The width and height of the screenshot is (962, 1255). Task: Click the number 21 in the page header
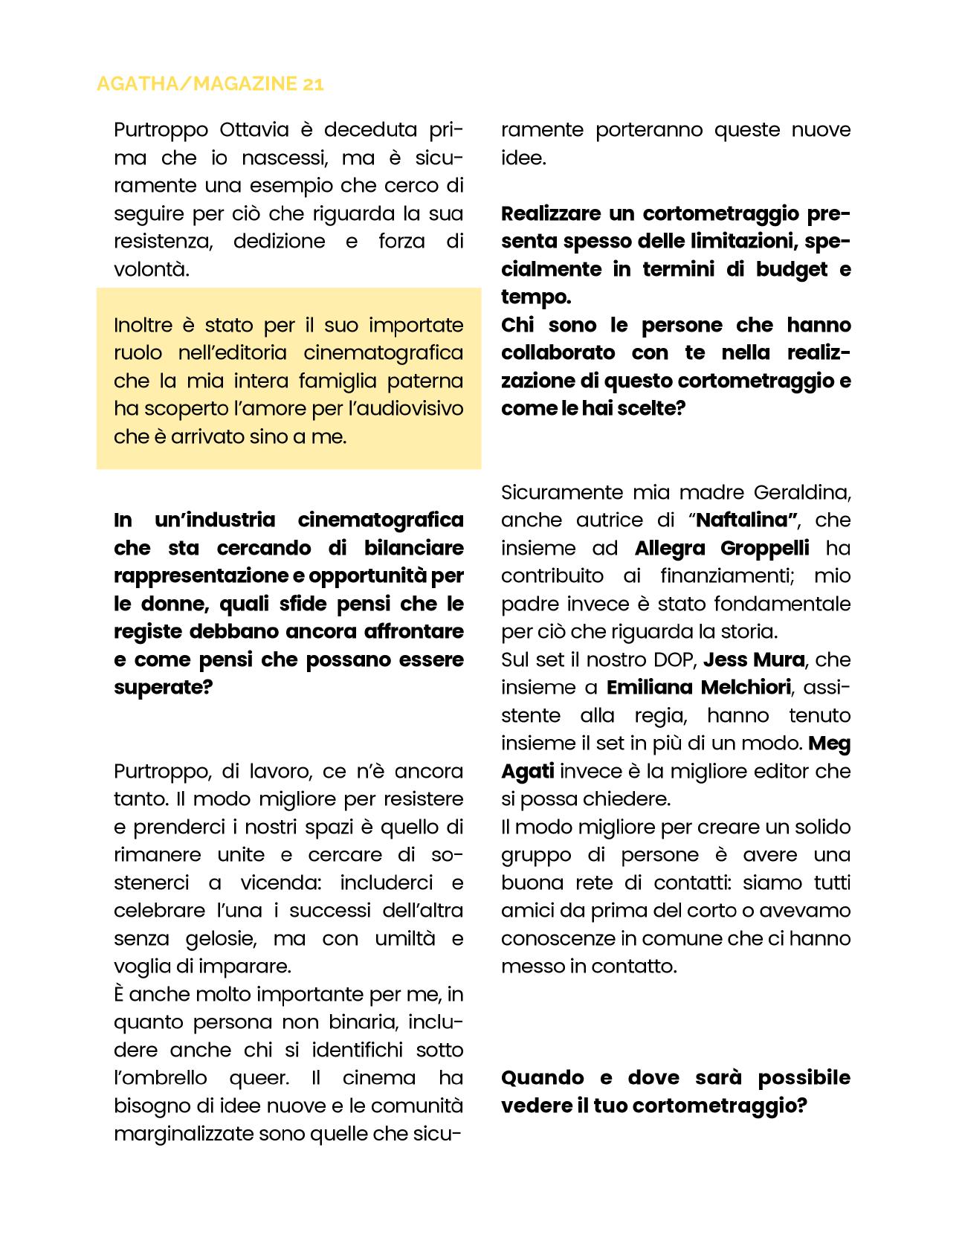click(314, 84)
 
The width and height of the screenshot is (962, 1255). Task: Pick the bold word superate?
click(163, 687)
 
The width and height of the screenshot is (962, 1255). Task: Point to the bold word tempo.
click(535, 297)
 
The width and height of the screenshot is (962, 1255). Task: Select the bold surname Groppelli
click(764, 548)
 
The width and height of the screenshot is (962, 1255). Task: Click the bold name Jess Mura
click(754, 659)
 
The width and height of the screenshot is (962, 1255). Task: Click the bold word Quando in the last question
click(543, 1077)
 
